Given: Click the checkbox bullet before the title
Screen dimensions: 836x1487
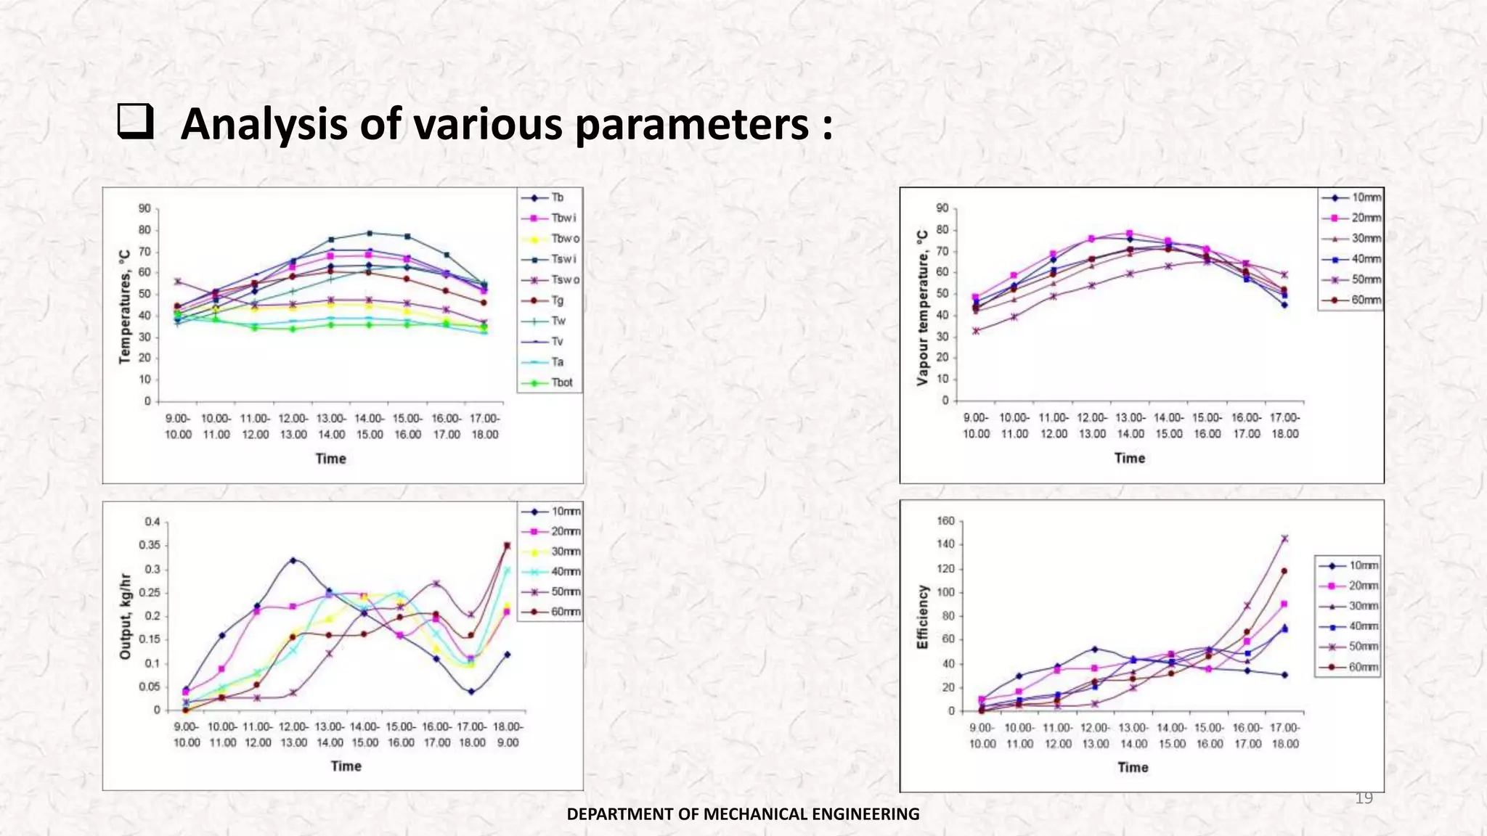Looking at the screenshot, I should pos(135,122).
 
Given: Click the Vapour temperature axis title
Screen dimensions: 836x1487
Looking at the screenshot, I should pos(922,308).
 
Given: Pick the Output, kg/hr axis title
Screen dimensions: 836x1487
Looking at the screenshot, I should pos(125,617).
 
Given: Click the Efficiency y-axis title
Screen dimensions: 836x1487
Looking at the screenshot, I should pos(922,617).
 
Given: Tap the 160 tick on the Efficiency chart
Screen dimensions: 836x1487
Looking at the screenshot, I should pos(946,521).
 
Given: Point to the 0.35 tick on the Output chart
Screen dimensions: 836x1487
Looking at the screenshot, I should pos(152,546).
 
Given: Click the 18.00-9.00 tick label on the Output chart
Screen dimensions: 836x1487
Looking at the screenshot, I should pos(508,734).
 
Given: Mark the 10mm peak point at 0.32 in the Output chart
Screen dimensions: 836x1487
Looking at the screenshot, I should pos(293,560).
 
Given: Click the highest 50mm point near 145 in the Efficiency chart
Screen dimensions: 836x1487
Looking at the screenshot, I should pos(1284,538).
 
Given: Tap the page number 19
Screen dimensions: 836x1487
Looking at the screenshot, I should pos(1364,798).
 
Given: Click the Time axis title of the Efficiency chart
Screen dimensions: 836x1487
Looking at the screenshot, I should pos(1132,768).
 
